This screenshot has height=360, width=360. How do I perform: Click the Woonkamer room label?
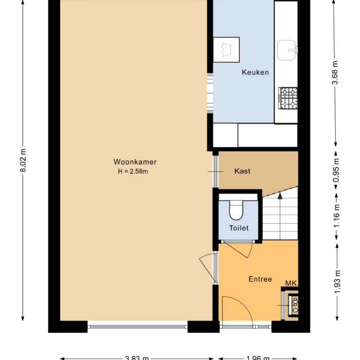pyautogui.click(x=135, y=162)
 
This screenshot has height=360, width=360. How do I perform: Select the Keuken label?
pyautogui.click(x=255, y=73)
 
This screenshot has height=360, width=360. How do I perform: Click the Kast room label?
pyautogui.click(x=242, y=171)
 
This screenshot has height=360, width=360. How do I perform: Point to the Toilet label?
pyautogui.click(x=239, y=228)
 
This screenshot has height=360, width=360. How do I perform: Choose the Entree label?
pyautogui.click(x=260, y=279)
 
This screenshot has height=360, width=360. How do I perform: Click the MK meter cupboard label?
pyautogui.click(x=292, y=283)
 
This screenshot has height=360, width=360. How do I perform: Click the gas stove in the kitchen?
pyautogui.click(x=288, y=98)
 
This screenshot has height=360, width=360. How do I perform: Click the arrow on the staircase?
pyautogui.click(x=280, y=195)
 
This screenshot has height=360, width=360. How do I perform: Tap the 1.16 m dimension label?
pyautogui.click(x=336, y=216)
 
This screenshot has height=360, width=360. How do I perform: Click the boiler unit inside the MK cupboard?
pyautogui.click(x=295, y=304)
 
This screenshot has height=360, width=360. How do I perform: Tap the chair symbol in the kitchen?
pyautogui.click(x=226, y=50)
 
